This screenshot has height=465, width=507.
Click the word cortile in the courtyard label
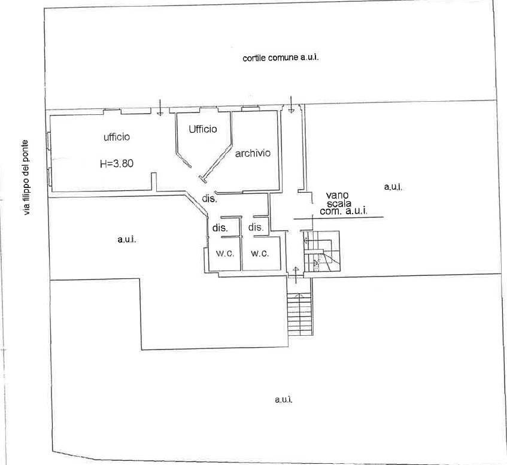(254, 58)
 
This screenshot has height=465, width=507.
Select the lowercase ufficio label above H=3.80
(117, 137)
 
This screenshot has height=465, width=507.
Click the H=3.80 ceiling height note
(117, 163)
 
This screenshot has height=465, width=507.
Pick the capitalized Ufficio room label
(203, 129)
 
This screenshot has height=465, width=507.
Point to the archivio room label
(253, 153)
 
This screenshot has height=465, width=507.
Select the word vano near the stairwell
(337, 195)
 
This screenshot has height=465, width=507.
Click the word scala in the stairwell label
(339, 203)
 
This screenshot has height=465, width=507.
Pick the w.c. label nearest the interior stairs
(260, 254)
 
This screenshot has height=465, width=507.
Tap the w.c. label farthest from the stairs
(224, 254)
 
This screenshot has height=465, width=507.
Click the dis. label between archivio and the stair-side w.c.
(256, 227)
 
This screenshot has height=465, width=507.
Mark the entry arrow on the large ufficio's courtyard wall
(160, 107)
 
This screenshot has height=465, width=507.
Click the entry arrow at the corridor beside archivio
(292, 104)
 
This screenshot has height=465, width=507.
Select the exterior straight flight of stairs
(300, 314)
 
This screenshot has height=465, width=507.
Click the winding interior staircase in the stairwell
(321, 251)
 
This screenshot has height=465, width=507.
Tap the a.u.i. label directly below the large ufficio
(127, 239)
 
